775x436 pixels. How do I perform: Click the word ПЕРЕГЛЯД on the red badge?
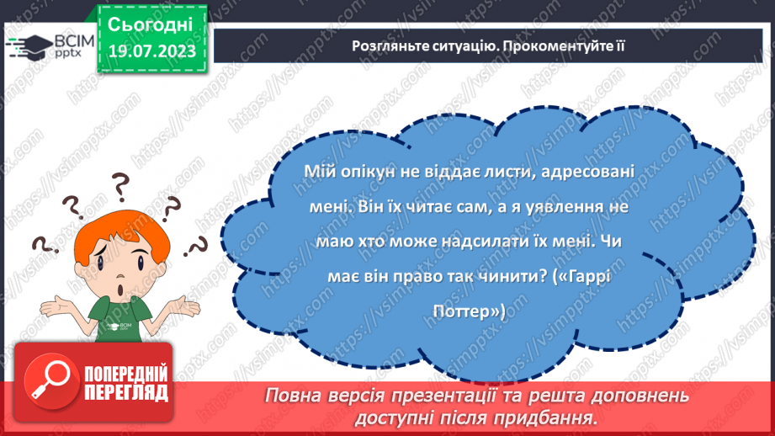point(127,392)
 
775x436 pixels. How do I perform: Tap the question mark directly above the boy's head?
point(121,183)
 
